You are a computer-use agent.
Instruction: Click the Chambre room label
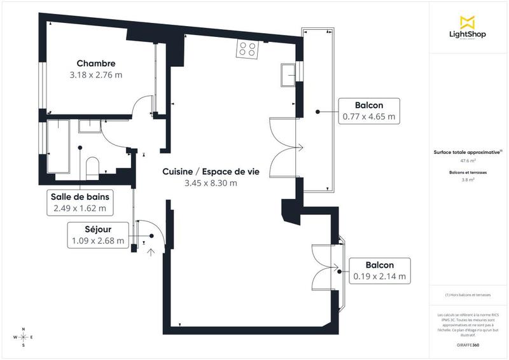[96, 63]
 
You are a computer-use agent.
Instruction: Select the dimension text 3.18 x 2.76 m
[96, 74]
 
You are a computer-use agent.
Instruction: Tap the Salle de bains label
[80, 197]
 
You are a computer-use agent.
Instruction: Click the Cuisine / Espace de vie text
[211, 172]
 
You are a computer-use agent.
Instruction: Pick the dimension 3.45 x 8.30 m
[211, 183]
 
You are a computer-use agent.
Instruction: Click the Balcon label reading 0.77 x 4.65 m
[369, 111]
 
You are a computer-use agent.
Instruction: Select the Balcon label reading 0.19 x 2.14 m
[379, 271]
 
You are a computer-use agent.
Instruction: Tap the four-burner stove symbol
[247, 48]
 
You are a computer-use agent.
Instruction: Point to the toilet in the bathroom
[92, 168]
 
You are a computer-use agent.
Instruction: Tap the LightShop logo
[468, 28]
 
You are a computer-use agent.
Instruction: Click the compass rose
[24, 337]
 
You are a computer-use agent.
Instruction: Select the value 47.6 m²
[468, 161]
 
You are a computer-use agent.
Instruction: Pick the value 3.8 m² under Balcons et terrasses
[468, 180]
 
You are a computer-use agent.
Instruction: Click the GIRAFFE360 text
[468, 343]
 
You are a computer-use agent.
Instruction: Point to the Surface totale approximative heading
[466, 152]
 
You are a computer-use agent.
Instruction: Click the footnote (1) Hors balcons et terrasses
[468, 295]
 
